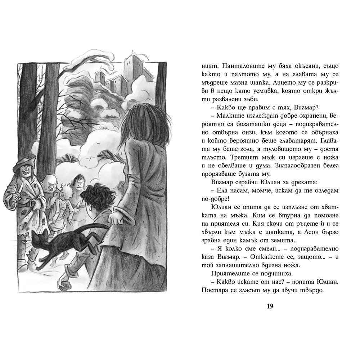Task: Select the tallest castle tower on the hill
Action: click(x=132, y=67)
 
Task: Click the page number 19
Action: click(x=270, y=306)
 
